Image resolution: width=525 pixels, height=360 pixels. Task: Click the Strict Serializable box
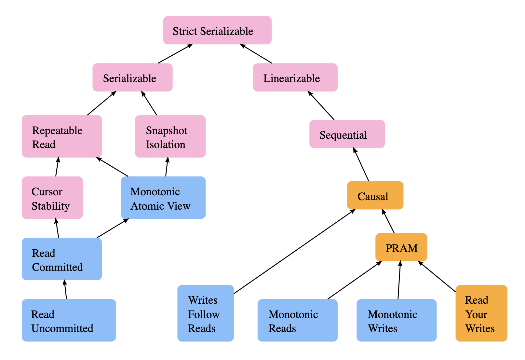tap(217, 30)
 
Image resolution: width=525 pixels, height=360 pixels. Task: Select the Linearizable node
tap(295, 77)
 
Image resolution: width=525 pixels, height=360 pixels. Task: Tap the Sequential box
tap(347, 134)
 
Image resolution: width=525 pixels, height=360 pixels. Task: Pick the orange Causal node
tap(375, 195)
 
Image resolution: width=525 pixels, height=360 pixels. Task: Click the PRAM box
tap(401, 247)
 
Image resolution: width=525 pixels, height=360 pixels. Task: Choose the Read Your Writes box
tap(481, 313)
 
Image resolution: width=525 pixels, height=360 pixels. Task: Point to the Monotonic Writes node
tap(396, 320)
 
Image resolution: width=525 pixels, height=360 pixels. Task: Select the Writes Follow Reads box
tap(205, 313)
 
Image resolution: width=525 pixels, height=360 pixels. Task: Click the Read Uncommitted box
tap(69, 320)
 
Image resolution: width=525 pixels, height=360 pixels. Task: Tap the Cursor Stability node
tap(52, 198)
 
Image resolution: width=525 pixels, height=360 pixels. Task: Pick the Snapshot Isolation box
tap(170, 136)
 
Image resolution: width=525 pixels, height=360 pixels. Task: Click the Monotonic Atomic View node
tap(163, 198)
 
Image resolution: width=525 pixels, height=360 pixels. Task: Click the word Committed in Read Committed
tap(57, 267)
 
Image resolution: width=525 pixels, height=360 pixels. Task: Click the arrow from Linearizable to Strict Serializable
tap(256, 53)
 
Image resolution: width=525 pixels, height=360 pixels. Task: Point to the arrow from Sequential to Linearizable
tap(321, 105)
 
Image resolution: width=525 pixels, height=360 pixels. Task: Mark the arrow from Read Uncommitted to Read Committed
tap(65, 289)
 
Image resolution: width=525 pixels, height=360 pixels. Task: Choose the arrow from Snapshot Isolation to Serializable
tap(149, 103)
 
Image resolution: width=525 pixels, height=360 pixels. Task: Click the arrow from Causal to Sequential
tap(361, 165)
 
